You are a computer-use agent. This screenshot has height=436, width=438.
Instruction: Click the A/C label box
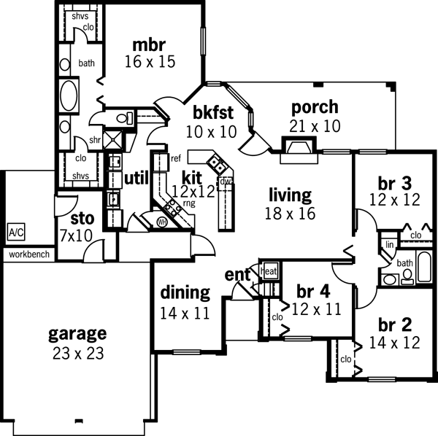15,233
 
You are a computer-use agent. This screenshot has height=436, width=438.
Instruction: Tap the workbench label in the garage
28,254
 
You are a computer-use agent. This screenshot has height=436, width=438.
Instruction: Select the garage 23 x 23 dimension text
77,354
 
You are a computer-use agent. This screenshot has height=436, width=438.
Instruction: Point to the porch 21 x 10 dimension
314,126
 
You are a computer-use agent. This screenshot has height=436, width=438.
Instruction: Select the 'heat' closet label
269,272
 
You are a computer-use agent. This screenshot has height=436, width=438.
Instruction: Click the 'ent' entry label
237,275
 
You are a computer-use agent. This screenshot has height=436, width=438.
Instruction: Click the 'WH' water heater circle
162,222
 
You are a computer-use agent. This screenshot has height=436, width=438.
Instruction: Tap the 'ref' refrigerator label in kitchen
176,158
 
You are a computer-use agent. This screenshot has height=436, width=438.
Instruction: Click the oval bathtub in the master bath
69,95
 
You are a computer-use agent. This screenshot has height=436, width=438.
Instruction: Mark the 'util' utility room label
137,178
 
